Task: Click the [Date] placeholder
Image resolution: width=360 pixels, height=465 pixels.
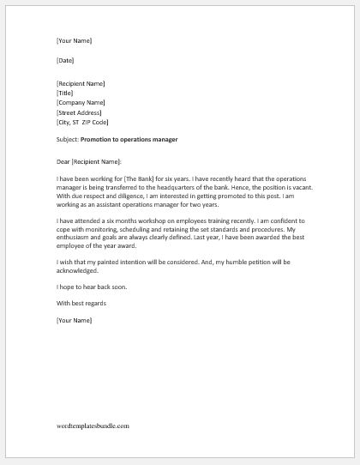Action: point(65,61)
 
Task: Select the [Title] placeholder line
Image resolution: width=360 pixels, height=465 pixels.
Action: point(66,94)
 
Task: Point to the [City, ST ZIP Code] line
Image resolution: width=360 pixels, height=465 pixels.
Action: point(84,122)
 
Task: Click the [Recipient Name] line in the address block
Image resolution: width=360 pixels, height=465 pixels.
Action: point(81,84)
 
